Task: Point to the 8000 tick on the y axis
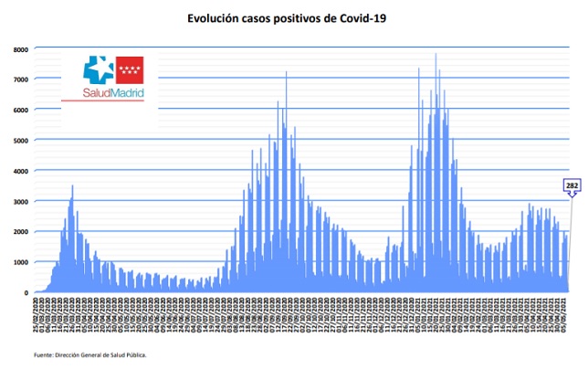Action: [20, 48]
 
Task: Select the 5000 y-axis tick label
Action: [20, 140]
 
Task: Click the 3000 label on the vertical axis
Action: [20, 201]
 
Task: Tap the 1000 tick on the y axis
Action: [20, 262]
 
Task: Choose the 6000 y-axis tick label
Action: [20, 110]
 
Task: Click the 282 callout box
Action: [572, 186]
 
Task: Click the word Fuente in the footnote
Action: [47, 354]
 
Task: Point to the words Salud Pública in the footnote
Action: [128, 354]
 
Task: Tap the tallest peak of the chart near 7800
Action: [436, 55]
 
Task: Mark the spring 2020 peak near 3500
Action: [72, 186]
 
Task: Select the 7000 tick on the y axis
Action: [20, 79]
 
